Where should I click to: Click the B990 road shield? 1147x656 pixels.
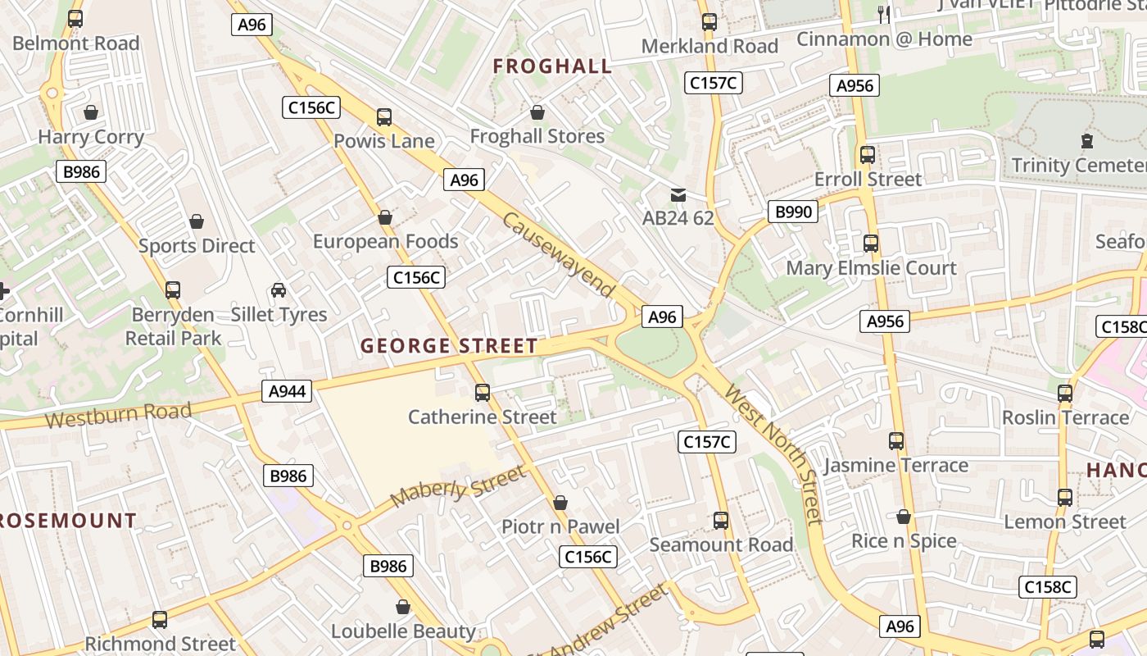pos(793,212)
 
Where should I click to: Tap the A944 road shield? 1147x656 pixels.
pos(288,391)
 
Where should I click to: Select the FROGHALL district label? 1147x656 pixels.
pos(552,66)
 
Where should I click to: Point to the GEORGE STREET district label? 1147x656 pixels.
pos(449,346)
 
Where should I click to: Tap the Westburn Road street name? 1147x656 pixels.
pos(118,416)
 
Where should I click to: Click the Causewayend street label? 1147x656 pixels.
pos(559,255)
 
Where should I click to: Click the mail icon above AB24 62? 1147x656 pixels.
pos(678,195)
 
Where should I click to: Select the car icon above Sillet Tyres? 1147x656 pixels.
pos(279,290)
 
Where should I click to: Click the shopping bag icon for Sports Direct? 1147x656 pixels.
pos(197,221)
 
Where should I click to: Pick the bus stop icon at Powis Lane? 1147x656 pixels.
pos(383,117)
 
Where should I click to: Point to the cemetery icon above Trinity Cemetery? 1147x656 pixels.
pos(1087,141)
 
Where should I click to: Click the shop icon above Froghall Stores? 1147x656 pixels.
pos(537,112)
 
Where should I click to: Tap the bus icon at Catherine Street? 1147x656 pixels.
pos(483,393)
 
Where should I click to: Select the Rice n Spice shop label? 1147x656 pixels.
pos(904,541)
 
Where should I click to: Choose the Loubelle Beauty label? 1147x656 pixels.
pos(403,631)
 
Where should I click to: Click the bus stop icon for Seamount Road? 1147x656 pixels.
pos(721,521)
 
